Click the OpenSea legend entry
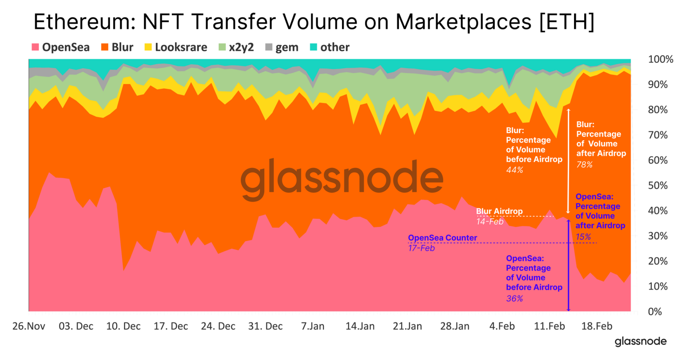pyautogui.click(x=61, y=47)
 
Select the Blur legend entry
pyautogui.click(x=118, y=47)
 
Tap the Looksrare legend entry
pyautogui.click(x=176, y=47)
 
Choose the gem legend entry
pyautogui.click(x=282, y=47)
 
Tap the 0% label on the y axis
pyautogui.click(x=655, y=311)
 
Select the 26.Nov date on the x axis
pyautogui.click(x=29, y=326)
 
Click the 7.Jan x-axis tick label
pyautogui.click(x=313, y=326)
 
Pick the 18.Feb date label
pyautogui.click(x=597, y=326)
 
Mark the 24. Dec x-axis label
pyautogui.click(x=218, y=326)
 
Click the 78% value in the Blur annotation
pyautogui.click(x=584, y=165)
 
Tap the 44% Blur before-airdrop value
pyautogui.click(x=514, y=170)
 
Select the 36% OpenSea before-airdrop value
pyautogui.click(x=514, y=299)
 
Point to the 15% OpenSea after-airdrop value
pyautogui.click(x=583, y=237)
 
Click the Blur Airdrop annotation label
pyautogui.click(x=499, y=211)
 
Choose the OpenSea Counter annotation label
pyautogui.click(x=442, y=238)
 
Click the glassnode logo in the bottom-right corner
pyautogui.click(x=640, y=342)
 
